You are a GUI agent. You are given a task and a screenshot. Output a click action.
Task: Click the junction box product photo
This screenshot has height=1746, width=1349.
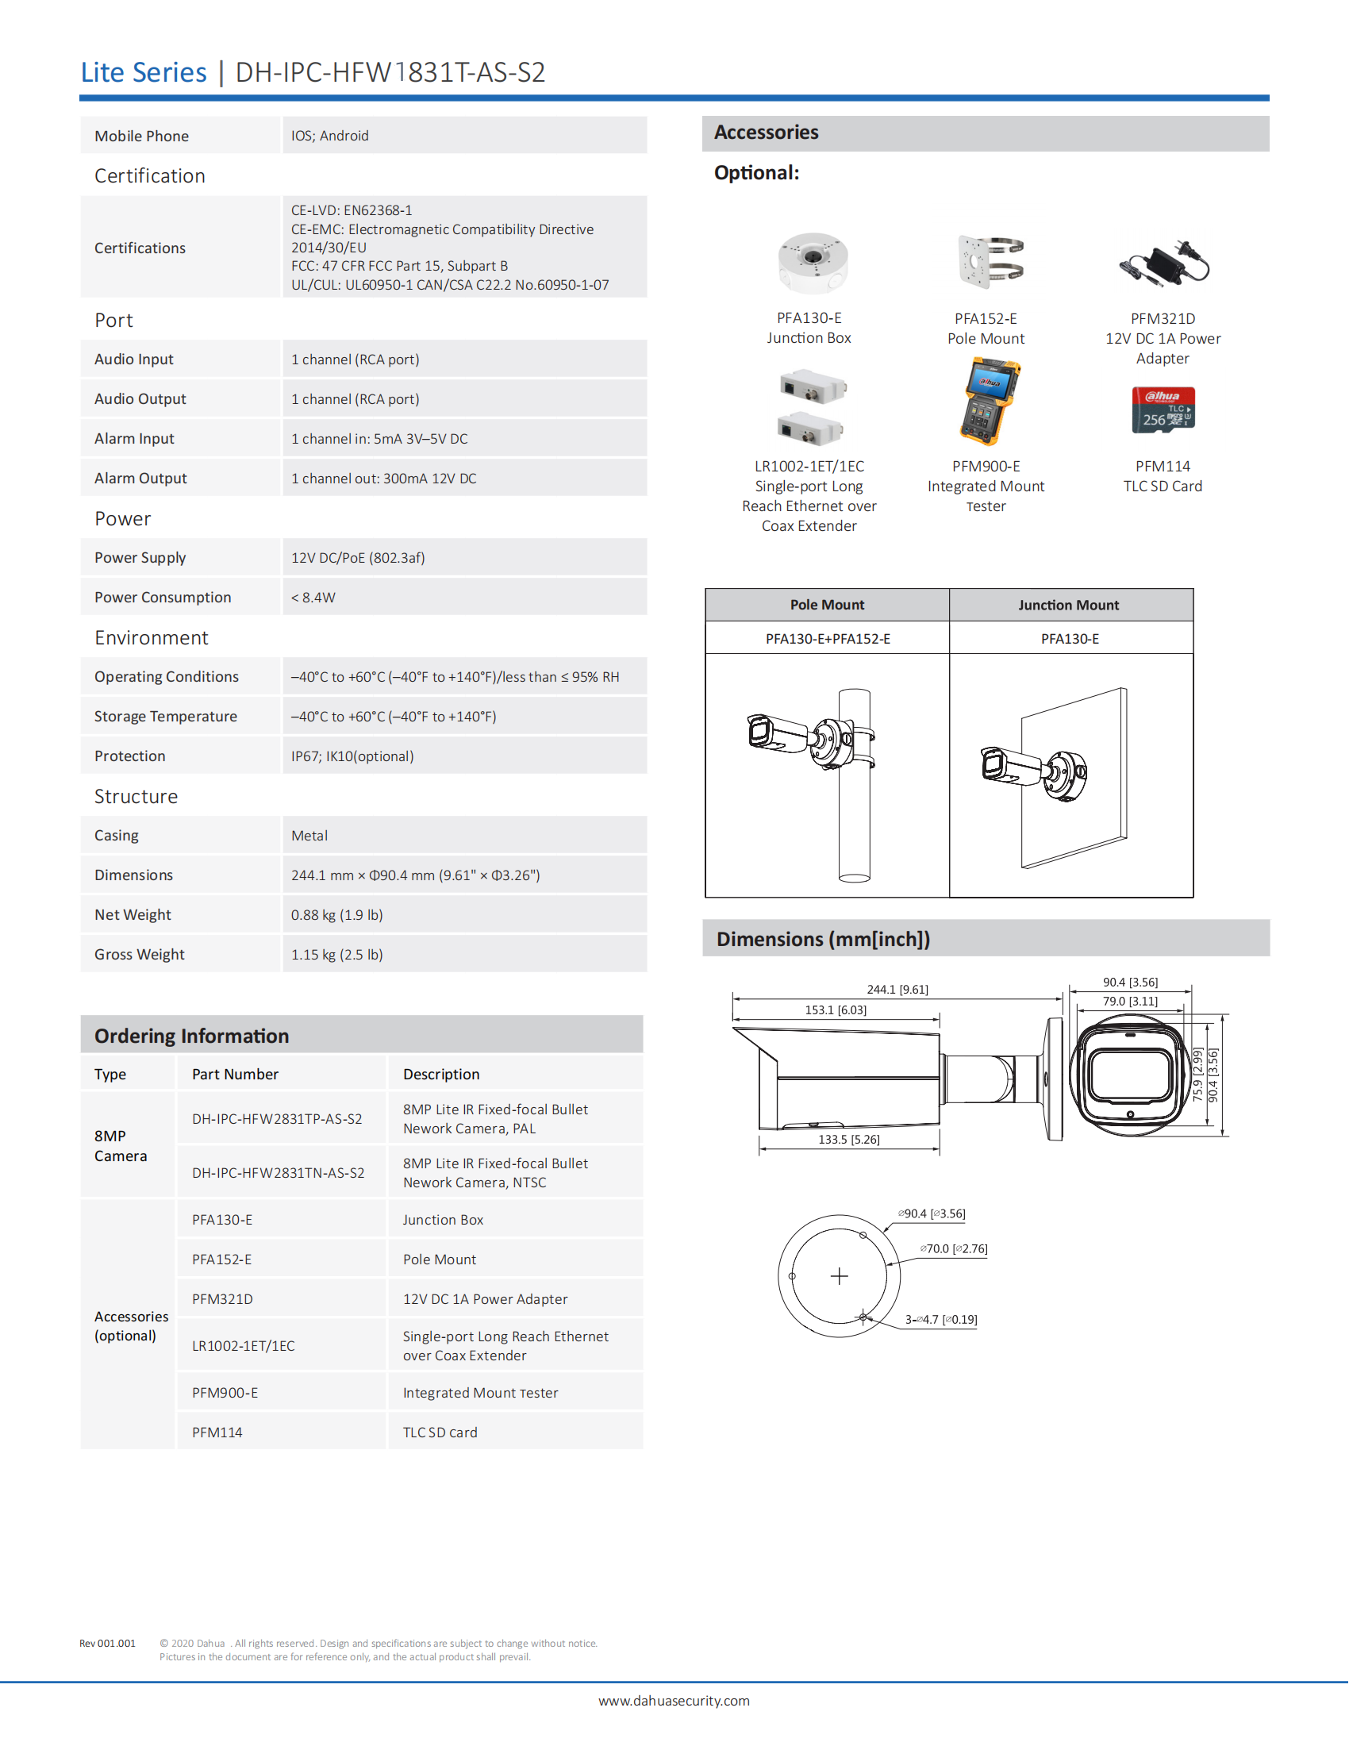pos(813,262)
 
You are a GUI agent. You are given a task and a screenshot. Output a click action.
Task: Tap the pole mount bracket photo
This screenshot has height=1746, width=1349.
pos(990,261)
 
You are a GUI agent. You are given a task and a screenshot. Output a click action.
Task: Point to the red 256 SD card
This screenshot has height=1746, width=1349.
pos(1163,410)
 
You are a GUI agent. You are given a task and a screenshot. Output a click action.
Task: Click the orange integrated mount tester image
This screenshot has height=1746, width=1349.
pos(990,402)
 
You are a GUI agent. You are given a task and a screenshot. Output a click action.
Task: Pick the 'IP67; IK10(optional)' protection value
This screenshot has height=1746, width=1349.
pos(352,756)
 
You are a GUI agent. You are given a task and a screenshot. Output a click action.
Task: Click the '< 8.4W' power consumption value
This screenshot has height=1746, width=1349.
pos(313,597)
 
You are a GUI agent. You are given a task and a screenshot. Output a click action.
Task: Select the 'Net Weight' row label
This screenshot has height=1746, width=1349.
pos(133,914)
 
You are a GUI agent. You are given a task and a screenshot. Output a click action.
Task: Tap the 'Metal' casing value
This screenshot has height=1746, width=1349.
pos(309,836)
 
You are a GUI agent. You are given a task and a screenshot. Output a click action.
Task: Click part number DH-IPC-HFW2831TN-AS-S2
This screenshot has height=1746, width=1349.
pos(278,1173)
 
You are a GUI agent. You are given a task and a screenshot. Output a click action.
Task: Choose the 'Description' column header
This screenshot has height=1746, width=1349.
pos(441,1075)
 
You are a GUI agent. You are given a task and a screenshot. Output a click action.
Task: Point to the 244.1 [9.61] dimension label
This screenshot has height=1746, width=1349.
pos(897,990)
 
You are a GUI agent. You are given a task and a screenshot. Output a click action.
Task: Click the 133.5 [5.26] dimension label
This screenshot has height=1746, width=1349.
pos(849,1139)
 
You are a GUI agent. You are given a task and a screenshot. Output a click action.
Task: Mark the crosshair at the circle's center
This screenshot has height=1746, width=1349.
pos(839,1276)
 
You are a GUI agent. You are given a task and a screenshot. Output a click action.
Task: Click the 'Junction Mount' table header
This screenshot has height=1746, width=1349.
pos(1069,606)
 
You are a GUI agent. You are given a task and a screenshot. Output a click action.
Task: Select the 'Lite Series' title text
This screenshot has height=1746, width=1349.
pos(144,73)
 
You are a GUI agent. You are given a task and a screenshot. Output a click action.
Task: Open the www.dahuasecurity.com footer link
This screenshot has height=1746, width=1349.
pos(674,1701)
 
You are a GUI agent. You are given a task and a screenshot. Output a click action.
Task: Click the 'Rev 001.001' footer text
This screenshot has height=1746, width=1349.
pos(107,1643)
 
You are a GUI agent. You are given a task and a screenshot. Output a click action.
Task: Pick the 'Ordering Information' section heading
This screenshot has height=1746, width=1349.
pos(192,1036)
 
